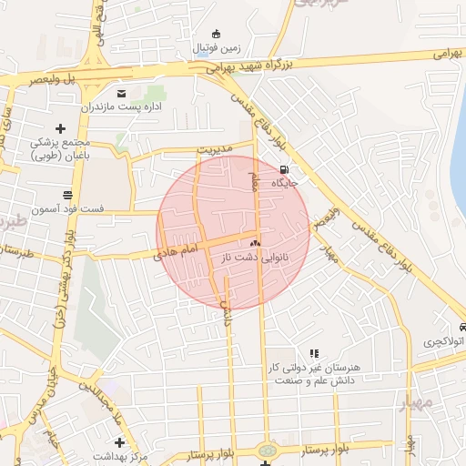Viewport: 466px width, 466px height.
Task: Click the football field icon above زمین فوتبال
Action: pos(215,34)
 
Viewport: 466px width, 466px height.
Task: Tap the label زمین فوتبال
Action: pos(215,47)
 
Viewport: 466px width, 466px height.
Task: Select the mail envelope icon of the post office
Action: pos(121,93)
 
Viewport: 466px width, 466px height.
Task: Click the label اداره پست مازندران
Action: pos(122,107)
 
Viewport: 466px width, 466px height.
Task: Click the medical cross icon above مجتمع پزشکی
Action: pos(61,128)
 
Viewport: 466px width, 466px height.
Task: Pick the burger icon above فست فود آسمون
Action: pos(67,195)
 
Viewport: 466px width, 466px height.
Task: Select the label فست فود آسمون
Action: pos(67,209)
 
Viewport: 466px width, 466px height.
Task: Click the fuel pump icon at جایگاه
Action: pos(286,169)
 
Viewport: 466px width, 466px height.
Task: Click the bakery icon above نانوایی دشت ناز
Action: pos(255,243)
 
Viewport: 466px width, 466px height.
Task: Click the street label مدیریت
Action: pos(216,148)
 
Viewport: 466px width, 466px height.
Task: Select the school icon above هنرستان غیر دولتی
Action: pos(314,353)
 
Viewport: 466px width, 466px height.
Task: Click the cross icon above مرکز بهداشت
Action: pos(119,442)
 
